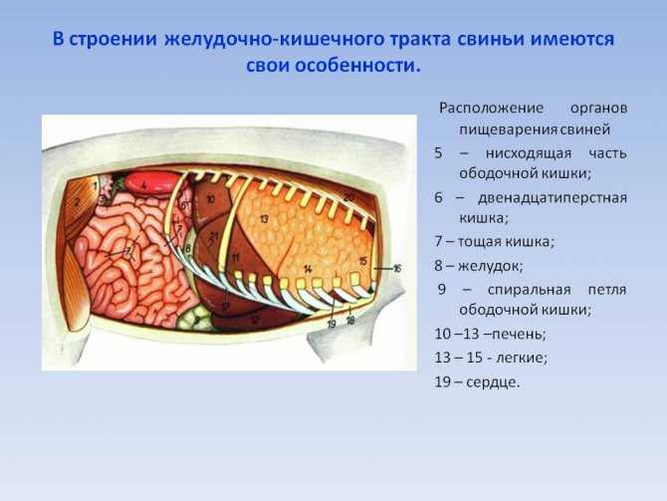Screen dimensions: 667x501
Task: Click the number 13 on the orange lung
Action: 264,219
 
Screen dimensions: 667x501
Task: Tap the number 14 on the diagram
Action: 308,269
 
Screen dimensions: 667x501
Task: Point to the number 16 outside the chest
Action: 397,269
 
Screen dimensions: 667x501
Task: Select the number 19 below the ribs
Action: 332,324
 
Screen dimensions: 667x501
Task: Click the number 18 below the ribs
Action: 350,321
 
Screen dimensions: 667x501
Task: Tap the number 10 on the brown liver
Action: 211,198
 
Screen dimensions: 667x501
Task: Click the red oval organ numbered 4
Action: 151,183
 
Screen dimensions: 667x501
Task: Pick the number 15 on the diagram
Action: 362,261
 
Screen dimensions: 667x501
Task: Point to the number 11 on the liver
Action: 235,258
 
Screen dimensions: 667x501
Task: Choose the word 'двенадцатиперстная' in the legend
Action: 553,198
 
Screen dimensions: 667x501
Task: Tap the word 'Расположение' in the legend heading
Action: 492,109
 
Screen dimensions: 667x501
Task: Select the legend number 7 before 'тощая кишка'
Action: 439,241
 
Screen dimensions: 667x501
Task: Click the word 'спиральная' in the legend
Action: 530,290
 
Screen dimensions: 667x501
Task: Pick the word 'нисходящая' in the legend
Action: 529,152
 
